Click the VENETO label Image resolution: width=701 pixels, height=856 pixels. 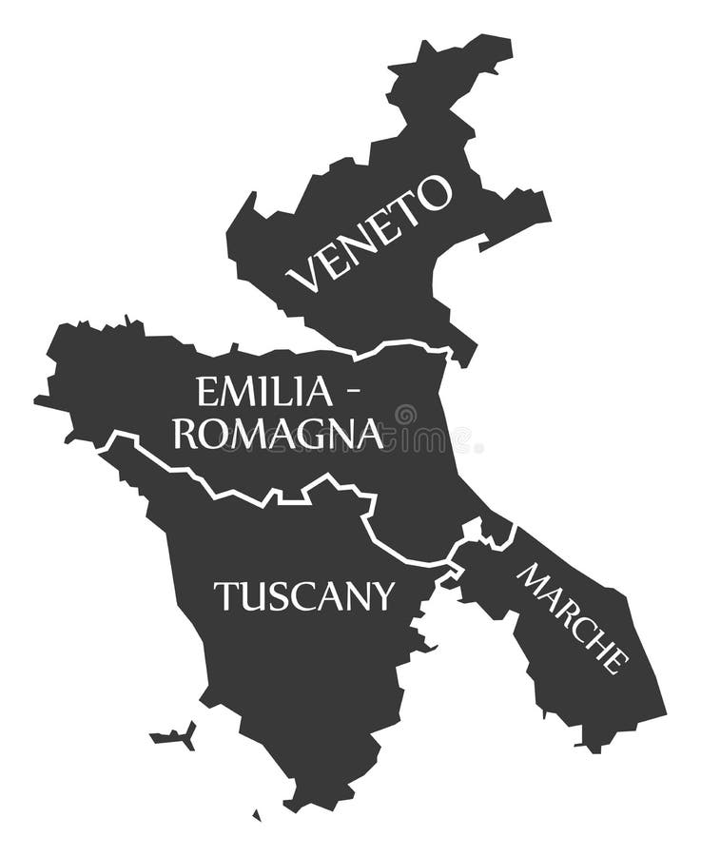(368, 233)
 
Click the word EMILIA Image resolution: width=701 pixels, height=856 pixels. (264, 391)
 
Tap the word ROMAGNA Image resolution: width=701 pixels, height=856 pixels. (278, 434)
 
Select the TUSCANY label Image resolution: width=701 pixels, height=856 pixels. (303, 596)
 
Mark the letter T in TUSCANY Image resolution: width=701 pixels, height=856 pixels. (224, 596)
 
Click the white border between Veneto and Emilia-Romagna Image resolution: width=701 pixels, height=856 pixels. (399, 344)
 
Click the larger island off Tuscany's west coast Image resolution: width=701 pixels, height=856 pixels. (175, 736)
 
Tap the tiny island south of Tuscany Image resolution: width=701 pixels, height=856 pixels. (256, 815)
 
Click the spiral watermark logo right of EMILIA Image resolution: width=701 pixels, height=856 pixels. (405, 415)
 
